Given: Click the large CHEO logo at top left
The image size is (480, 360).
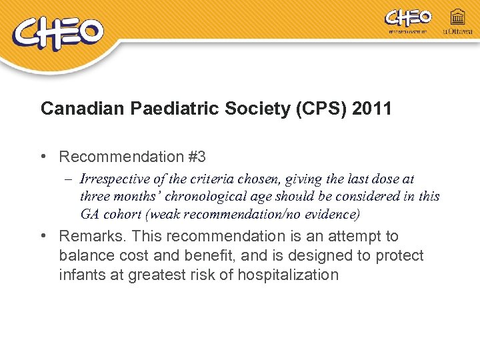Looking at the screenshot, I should click(x=59, y=34).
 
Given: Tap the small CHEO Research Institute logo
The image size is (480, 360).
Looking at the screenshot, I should click(x=408, y=21).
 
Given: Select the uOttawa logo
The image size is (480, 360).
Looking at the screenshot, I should click(x=457, y=22).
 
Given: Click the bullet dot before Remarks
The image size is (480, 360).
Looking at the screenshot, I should click(x=43, y=236).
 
